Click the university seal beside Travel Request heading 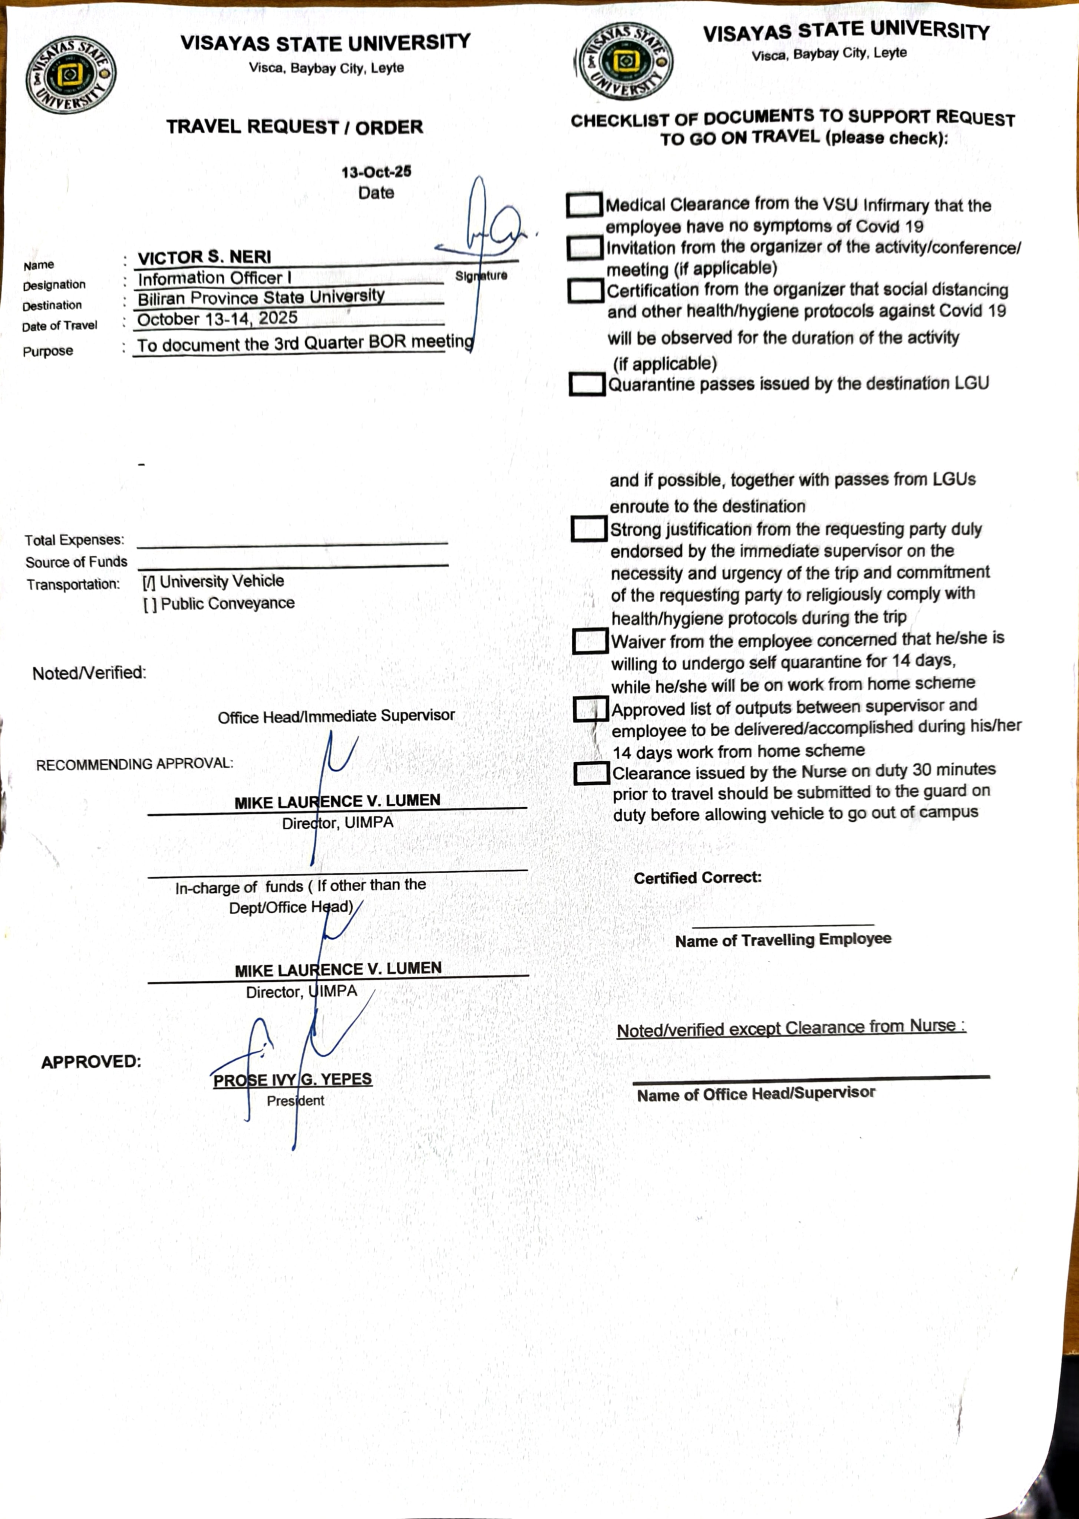(71, 75)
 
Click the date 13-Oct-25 (376, 172)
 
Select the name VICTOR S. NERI (205, 257)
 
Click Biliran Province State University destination (261, 297)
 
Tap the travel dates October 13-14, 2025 (217, 319)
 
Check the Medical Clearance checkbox (584, 205)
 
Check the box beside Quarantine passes (587, 384)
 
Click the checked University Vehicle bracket (149, 583)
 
